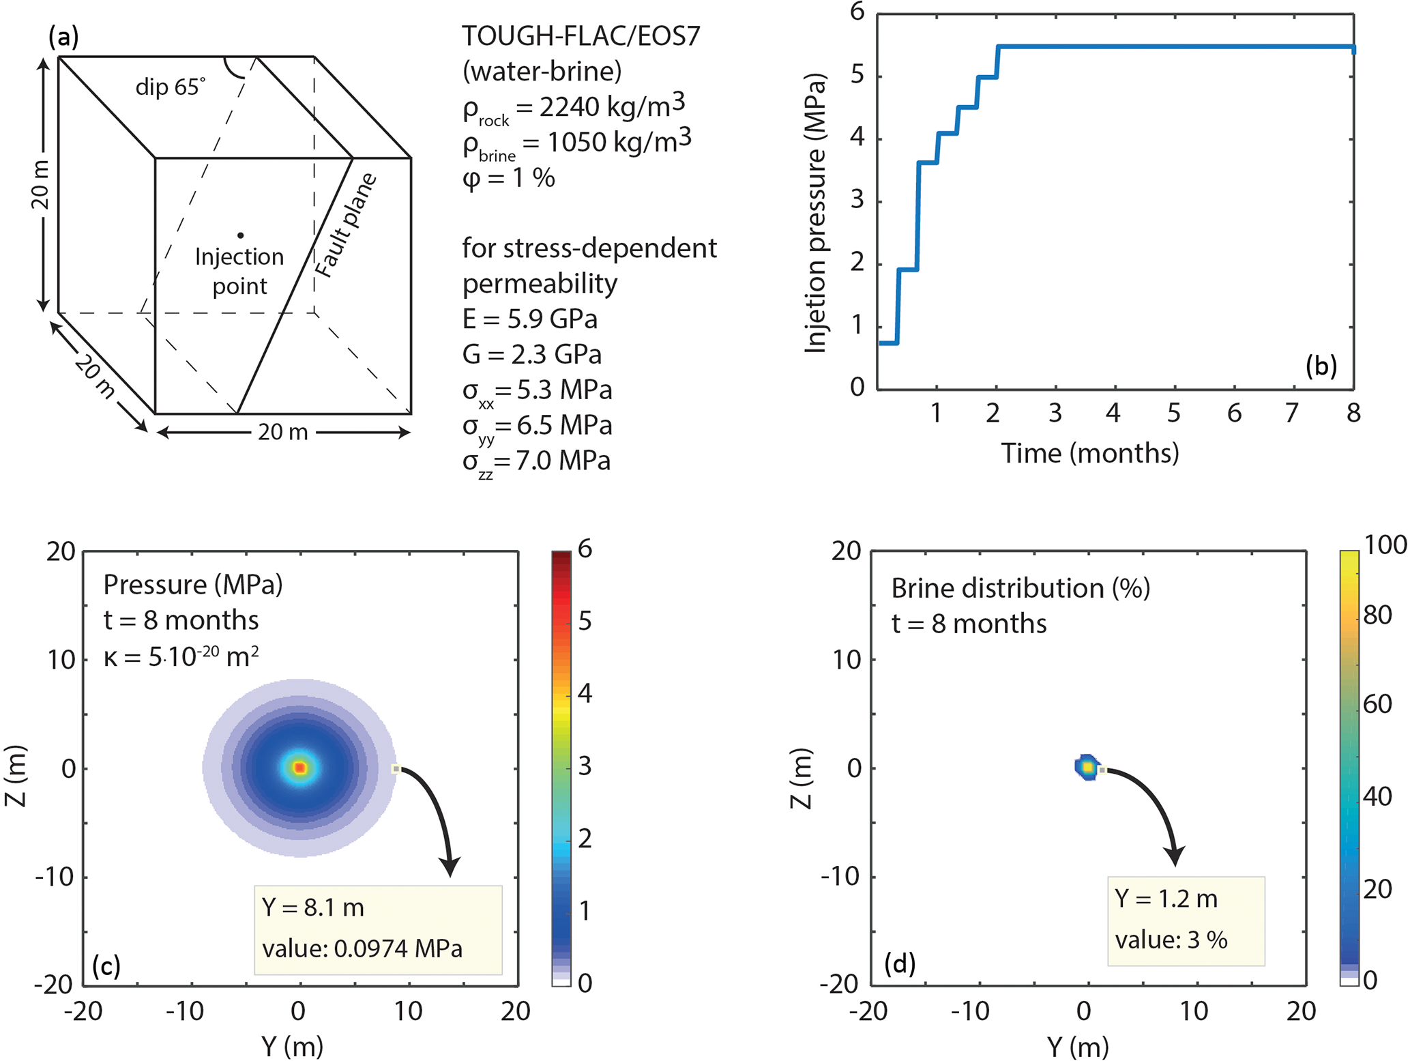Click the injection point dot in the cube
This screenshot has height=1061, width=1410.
point(240,235)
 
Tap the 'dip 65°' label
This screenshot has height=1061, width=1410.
point(170,87)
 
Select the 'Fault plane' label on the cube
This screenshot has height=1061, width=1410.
point(346,226)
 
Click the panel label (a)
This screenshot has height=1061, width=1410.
point(63,36)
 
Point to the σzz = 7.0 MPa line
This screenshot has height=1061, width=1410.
point(536,462)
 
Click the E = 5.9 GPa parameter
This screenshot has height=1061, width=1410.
point(530,319)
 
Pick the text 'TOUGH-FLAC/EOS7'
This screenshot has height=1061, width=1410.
point(581,36)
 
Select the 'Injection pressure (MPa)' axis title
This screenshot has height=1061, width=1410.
point(816,213)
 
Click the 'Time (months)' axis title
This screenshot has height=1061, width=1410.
point(1089,453)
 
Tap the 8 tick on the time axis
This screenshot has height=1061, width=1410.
point(1353,413)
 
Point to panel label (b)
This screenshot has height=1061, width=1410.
point(1321,366)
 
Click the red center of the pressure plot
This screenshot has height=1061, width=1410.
point(299,768)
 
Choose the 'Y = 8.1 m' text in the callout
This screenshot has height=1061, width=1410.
point(313,907)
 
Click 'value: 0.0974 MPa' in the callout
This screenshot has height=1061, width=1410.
point(362,948)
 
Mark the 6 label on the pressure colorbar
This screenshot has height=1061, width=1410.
point(585,549)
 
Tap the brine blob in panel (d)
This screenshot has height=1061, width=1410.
point(1087,767)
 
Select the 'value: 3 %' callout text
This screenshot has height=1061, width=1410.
point(1171,940)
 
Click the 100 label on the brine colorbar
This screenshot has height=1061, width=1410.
point(1385,545)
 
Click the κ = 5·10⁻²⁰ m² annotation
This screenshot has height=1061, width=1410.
point(181,657)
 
